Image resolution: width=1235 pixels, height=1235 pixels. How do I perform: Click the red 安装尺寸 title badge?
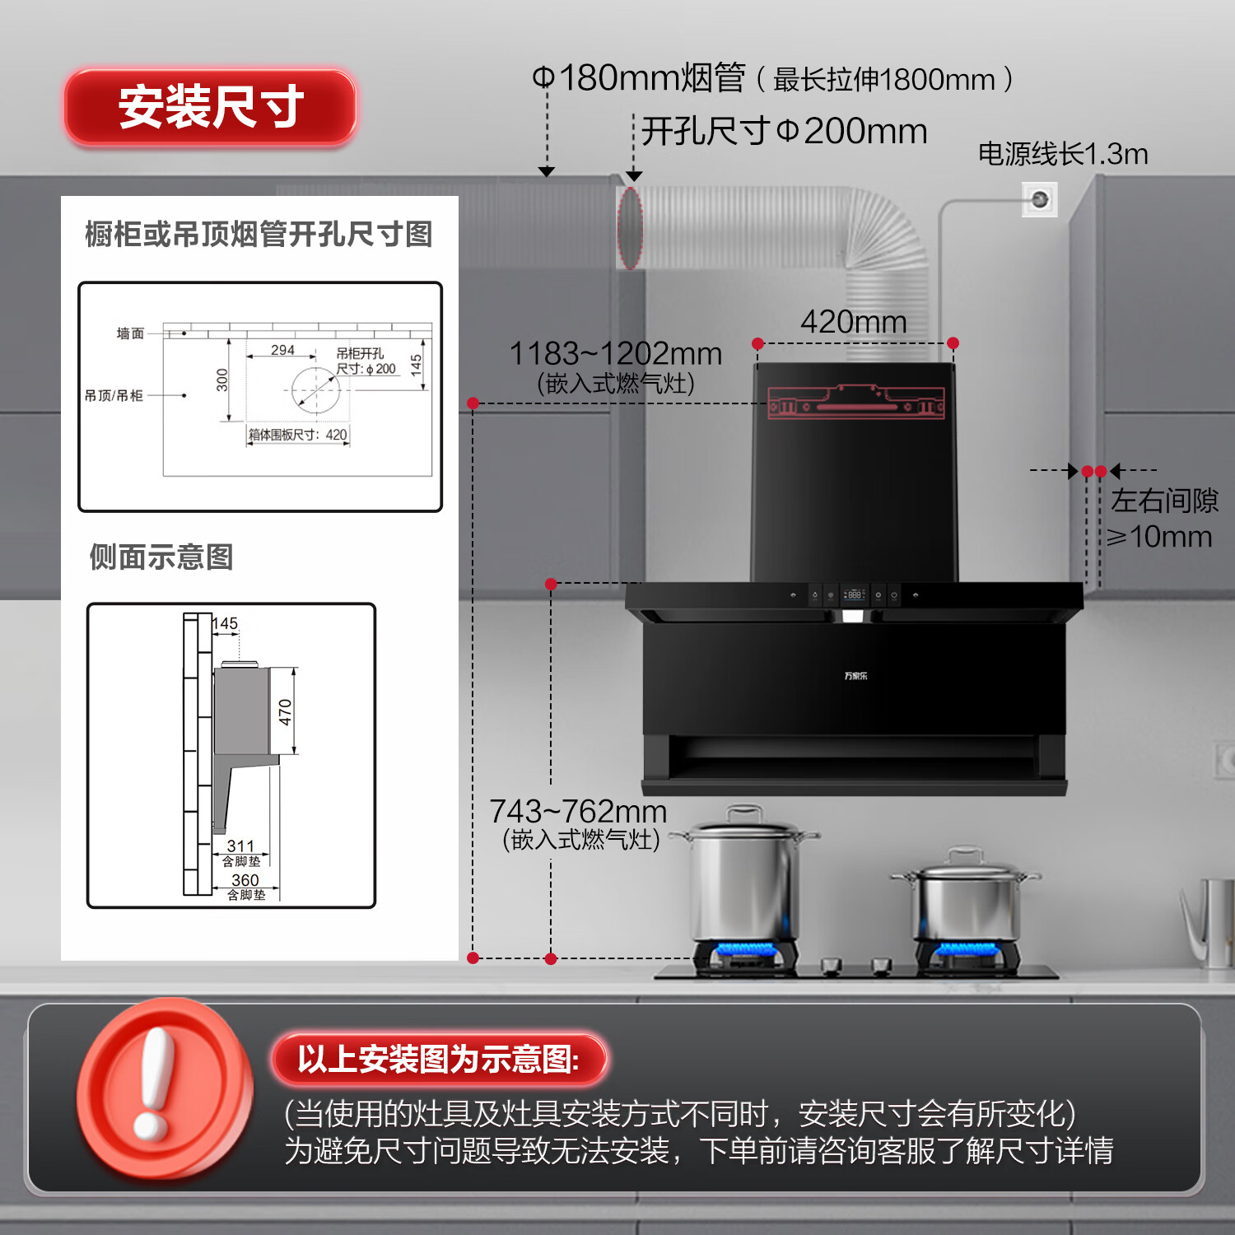pyautogui.click(x=211, y=107)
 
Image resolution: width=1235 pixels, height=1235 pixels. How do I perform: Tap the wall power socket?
pyautogui.click(x=1039, y=199)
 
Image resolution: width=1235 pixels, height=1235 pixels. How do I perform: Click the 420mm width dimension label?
pyautogui.click(x=853, y=322)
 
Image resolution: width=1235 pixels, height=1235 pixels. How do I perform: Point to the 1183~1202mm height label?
pyautogui.click(x=615, y=354)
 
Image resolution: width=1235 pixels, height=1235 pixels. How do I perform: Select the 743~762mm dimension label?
pyautogui.click(x=578, y=812)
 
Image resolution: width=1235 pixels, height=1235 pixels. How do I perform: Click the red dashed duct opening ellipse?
pyautogui.click(x=630, y=228)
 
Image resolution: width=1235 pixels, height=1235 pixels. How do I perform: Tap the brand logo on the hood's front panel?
pyautogui.click(x=855, y=676)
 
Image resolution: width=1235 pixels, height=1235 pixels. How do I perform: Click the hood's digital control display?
pyautogui.click(x=854, y=594)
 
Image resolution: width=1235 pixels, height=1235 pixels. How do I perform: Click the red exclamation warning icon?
pyautogui.click(x=164, y=1088)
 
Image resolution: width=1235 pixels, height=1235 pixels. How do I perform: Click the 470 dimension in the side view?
pyautogui.click(x=286, y=711)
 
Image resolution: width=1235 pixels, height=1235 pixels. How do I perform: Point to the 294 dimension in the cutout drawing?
pyautogui.click(x=282, y=350)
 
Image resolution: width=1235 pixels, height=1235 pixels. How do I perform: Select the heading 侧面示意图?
pyautogui.click(x=161, y=557)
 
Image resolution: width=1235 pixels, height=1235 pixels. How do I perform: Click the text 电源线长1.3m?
pyautogui.click(x=1062, y=154)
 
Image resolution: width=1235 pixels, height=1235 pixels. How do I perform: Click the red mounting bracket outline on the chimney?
pyautogui.click(x=855, y=403)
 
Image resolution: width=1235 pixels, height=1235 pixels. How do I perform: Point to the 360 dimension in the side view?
pyautogui.click(x=245, y=880)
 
